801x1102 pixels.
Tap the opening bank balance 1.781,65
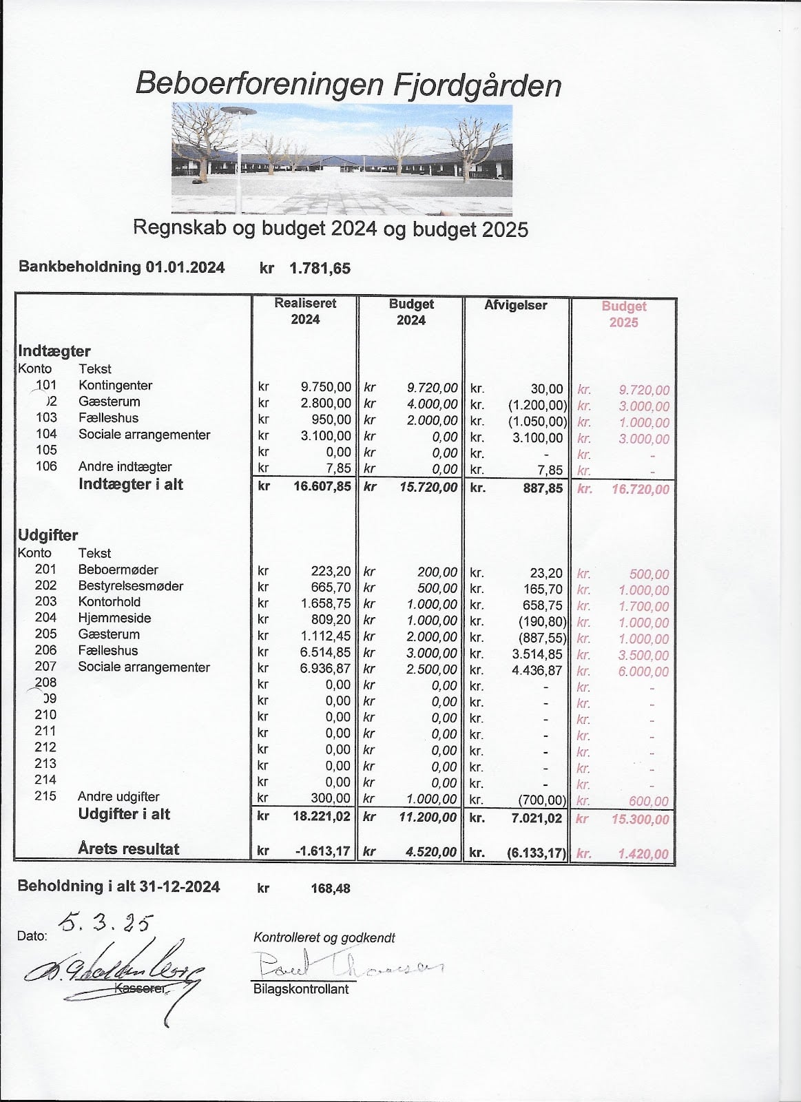pyautogui.click(x=320, y=269)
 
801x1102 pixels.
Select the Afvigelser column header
pyautogui.click(x=515, y=305)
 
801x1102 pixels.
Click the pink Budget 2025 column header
pyautogui.click(x=623, y=314)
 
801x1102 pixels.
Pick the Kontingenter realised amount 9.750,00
pyautogui.click(x=326, y=386)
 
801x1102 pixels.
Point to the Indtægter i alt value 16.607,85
pyautogui.click(x=321, y=486)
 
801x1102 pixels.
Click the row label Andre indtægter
pyautogui.click(x=125, y=467)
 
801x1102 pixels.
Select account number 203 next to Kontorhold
pyautogui.click(x=45, y=602)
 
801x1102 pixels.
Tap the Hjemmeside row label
pyautogui.click(x=114, y=618)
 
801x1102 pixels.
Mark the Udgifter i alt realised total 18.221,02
pyautogui.click(x=321, y=817)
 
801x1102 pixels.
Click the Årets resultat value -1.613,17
pyautogui.click(x=322, y=851)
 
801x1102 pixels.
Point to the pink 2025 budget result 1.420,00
pyautogui.click(x=643, y=854)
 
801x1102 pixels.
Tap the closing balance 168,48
pyautogui.click(x=331, y=888)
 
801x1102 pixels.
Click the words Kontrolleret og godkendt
pyautogui.click(x=324, y=937)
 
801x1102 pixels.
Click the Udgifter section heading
pyautogui.click(x=48, y=535)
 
